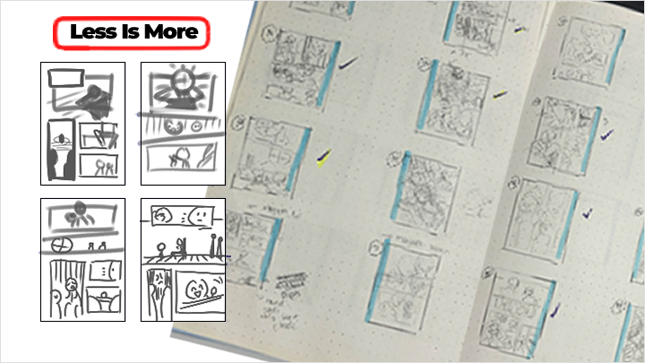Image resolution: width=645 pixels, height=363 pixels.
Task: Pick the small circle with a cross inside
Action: coord(59,244)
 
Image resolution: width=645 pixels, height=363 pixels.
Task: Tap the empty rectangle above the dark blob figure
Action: coord(64,78)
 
